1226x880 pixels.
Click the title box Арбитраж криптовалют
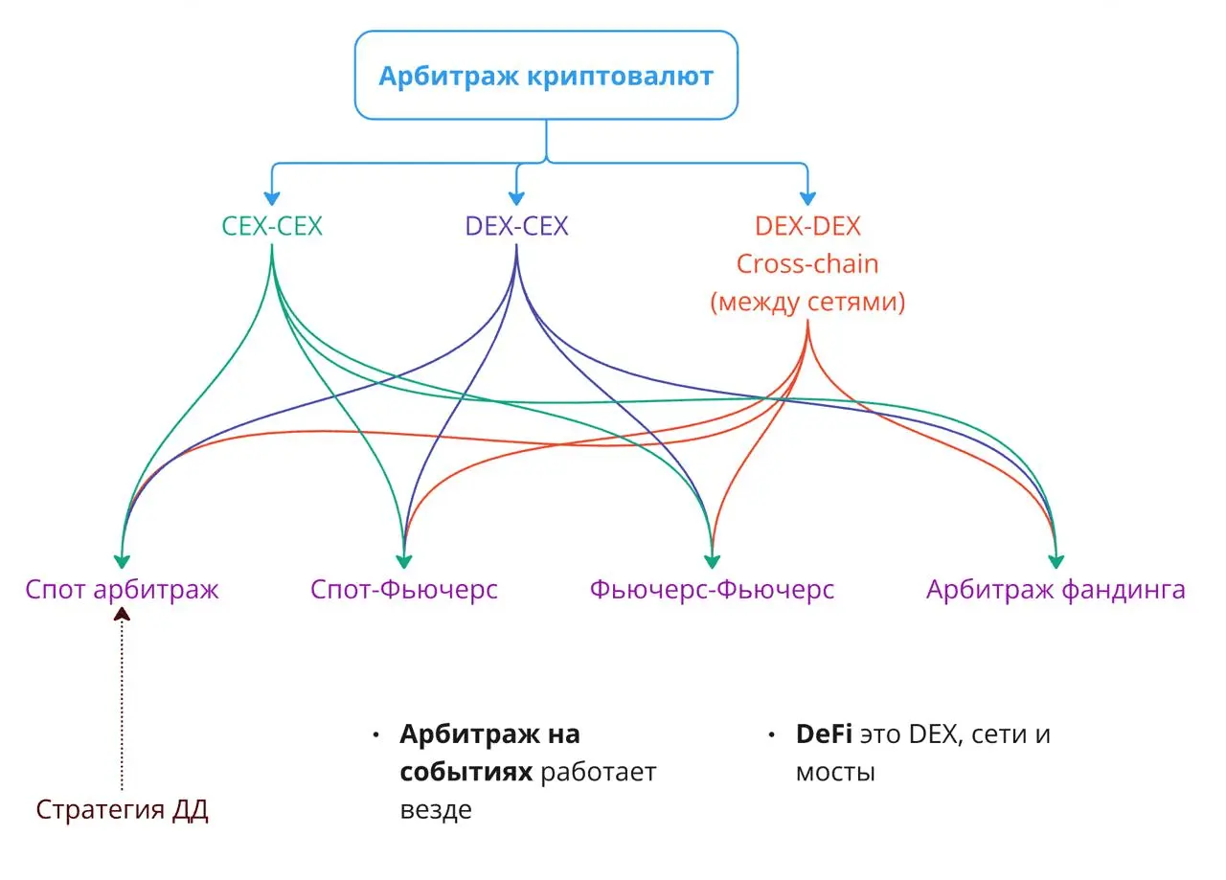[x=546, y=76]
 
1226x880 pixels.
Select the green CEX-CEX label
[x=272, y=226]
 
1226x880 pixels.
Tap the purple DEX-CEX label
[x=516, y=226]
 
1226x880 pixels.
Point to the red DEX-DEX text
[x=807, y=226]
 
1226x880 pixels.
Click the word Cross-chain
[x=807, y=264]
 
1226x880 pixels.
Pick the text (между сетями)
[x=807, y=303]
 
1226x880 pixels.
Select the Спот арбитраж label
[x=122, y=589]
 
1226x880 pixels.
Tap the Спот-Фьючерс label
[x=404, y=589]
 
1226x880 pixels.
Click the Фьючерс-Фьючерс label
[x=712, y=589]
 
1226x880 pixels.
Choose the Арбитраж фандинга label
[x=1056, y=589]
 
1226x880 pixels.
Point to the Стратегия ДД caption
[x=122, y=810]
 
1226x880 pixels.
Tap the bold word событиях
[x=465, y=772]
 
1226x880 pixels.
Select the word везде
[x=436, y=809]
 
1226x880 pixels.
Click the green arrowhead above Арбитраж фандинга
[x=1056, y=562]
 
